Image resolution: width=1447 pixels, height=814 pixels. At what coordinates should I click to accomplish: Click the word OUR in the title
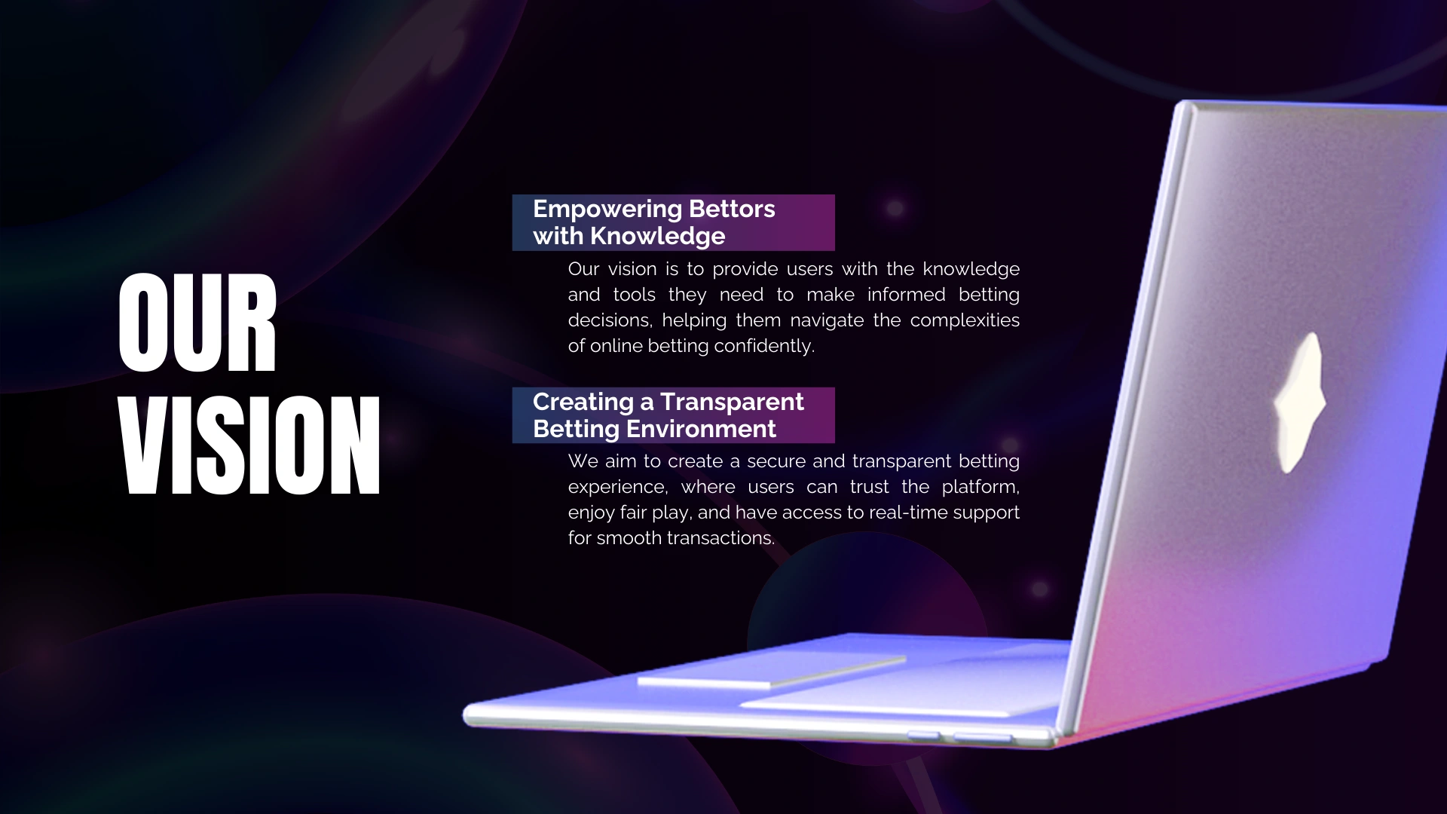[197, 323]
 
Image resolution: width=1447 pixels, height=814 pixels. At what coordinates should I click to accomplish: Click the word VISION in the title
[249, 445]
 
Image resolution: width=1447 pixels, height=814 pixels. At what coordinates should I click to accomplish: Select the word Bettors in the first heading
[732, 209]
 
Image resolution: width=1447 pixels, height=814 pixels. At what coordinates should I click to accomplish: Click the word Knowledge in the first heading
[657, 237]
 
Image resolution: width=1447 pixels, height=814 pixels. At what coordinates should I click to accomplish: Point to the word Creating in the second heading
[583, 402]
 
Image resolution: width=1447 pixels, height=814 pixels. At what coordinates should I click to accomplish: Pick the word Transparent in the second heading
[732, 402]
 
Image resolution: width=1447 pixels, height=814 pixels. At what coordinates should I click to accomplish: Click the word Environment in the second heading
[701, 429]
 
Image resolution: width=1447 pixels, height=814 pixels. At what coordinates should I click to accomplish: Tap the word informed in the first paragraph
[906, 295]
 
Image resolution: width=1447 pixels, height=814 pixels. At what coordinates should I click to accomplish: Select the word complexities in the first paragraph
[965, 320]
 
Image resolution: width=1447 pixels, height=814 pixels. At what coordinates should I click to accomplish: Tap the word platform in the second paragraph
[979, 488]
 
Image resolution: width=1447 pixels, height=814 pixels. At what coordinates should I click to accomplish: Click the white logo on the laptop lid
[1299, 402]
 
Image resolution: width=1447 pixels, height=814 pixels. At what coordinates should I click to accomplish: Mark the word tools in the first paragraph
[634, 295]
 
